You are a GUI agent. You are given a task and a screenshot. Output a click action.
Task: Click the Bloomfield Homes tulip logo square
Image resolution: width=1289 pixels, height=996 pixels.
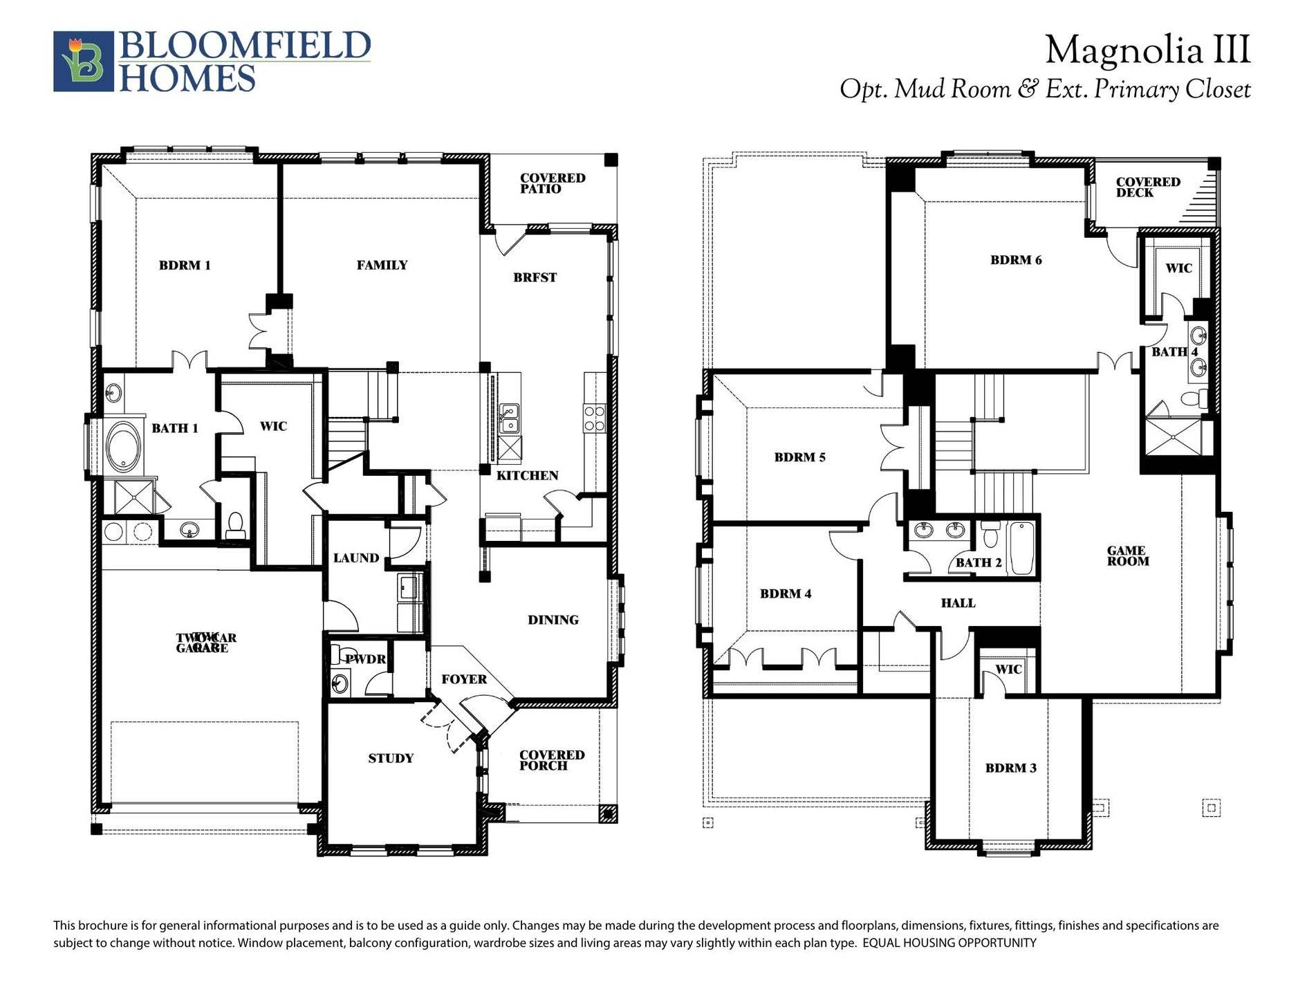coord(83,61)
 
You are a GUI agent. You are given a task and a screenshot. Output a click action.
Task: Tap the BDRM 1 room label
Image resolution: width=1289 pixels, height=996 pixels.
coord(185,265)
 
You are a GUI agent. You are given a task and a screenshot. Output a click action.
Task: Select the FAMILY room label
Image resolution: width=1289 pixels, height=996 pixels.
coord(382,265)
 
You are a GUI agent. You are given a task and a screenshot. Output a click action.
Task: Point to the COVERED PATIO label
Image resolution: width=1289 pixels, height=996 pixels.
coord(552,183)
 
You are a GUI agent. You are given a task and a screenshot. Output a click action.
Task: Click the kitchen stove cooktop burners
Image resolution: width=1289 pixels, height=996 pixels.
coord(595,418)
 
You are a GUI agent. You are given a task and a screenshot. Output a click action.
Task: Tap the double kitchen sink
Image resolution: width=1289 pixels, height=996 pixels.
coord(510,418)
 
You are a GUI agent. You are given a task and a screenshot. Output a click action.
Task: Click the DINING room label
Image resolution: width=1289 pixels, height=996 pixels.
coord(553,620)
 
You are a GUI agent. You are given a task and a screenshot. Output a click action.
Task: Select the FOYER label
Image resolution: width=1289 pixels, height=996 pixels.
coord(464,679)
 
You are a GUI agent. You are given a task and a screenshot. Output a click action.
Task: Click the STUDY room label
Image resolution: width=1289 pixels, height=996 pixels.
coord(391,758)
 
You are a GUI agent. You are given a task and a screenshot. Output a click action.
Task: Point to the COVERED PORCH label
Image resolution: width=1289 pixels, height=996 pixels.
coord(551,760)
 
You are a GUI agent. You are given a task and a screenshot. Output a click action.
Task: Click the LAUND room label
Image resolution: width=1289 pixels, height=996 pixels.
coord(355,558)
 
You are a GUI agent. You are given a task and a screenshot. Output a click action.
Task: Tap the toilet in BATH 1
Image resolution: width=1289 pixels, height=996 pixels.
coord(235,526)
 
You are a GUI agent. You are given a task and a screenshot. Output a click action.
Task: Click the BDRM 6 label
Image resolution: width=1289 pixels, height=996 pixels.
coord(1015,260)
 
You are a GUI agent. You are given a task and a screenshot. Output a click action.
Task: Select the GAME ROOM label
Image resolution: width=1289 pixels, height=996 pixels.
coord(1126,556)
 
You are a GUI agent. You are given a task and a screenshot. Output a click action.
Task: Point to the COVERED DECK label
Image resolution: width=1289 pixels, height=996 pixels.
coord(1147,187)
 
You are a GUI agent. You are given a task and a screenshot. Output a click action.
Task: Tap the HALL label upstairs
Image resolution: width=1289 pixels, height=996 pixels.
coord(958,603)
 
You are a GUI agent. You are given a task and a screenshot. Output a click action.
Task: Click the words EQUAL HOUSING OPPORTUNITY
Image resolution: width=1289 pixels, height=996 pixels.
coord(949,943)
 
